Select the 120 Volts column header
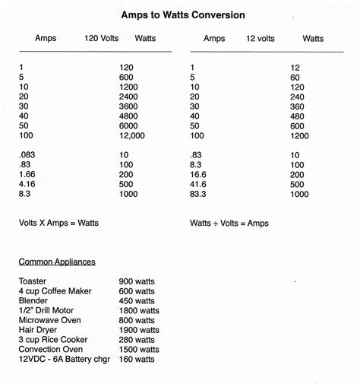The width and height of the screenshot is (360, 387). (x=102, y=39)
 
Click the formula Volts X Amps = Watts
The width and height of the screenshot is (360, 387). (x=58, y=224)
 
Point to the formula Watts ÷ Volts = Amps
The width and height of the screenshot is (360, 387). (x=229, y=224)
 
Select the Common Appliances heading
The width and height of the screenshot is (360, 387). (x=57, y=262)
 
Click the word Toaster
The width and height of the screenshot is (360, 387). (x=33, y=281)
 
